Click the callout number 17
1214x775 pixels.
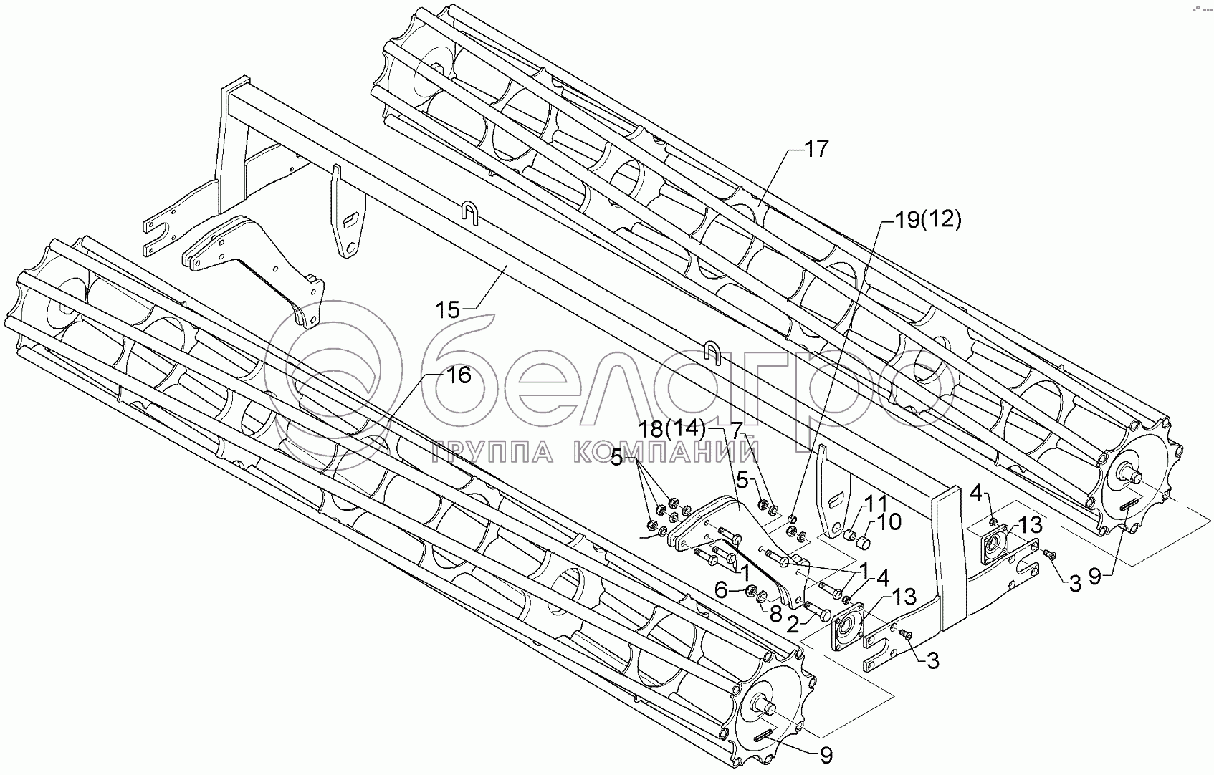coord(815,150)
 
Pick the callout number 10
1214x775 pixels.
coord(887,522)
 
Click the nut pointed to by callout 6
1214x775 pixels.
coord(750,592)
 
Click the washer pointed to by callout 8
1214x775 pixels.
coord(764,597)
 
